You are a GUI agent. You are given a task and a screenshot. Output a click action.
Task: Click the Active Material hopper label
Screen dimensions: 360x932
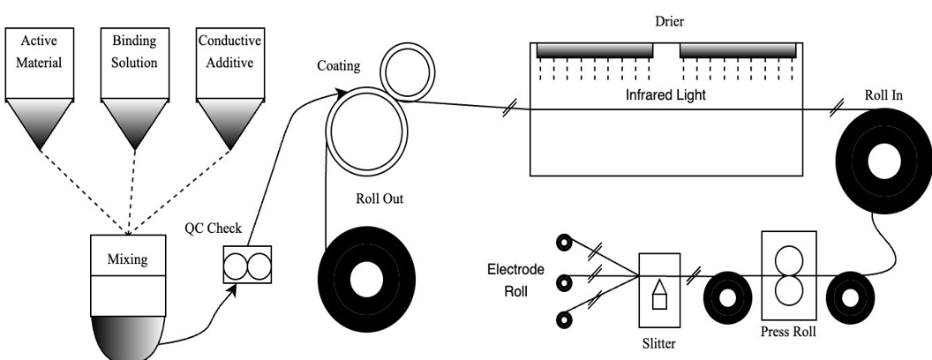tap(38, 51)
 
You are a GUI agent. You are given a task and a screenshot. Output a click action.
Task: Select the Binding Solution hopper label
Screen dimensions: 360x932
tap(134, 51)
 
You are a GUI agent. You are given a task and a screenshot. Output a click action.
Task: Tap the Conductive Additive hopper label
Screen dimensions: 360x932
tap(230, 51)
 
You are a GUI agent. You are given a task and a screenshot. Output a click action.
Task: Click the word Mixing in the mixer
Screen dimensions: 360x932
tap(128, 259)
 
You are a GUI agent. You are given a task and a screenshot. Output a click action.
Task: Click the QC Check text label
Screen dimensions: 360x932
tap(213, 228)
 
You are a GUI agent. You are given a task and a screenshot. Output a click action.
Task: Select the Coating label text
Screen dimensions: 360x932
tap(339, 66)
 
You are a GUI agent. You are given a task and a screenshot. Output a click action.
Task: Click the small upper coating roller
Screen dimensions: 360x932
tap(402, 70)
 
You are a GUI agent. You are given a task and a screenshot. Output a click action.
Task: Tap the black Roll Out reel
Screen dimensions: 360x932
tap(364, 279)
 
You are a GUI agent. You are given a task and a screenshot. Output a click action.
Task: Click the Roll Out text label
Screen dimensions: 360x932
tap(379, 199)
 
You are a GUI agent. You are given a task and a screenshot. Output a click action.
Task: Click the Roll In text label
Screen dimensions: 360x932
tap(883, 94)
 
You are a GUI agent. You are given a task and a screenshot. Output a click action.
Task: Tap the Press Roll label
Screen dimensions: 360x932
tap(788, 333)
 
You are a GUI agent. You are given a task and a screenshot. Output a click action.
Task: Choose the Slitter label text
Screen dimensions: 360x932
tap(659, 344)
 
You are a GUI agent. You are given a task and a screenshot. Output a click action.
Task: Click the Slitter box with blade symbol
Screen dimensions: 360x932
tap(659, 290)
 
